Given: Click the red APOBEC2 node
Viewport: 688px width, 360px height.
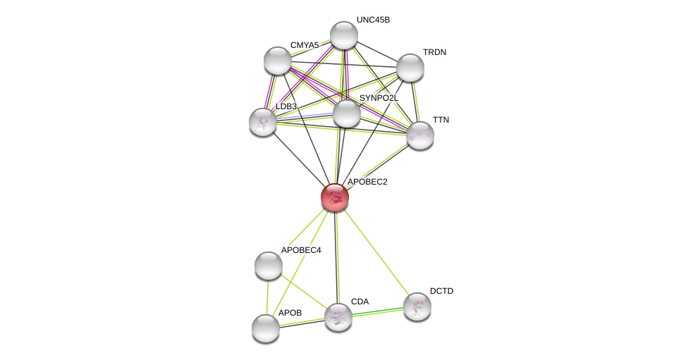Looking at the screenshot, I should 335,197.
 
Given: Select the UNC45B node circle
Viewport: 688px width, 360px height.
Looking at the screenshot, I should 344,35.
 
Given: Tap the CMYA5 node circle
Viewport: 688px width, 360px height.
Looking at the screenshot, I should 278,61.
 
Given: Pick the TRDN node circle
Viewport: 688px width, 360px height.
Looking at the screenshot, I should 410,68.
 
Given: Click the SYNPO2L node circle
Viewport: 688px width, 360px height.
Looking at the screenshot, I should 346,113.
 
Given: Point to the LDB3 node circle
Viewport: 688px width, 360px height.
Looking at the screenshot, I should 263,122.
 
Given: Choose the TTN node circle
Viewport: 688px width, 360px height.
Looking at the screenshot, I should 420,135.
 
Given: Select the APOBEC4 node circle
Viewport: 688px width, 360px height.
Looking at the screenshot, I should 269,266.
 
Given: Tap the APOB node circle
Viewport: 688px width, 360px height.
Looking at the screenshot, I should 266,328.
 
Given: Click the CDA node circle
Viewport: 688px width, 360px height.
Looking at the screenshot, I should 338,317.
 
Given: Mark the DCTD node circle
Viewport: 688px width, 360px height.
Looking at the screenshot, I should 417,306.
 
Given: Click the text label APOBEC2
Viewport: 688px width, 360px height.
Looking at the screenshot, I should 367,182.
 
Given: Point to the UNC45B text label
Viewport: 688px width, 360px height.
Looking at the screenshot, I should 373,20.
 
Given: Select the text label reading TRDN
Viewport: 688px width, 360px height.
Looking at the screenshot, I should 434,52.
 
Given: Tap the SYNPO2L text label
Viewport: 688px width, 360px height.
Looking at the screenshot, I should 378,98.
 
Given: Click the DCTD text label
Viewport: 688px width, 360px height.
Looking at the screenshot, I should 442,291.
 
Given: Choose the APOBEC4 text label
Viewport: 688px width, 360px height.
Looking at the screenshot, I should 301,250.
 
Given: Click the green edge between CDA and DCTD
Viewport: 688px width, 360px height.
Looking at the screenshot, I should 378,311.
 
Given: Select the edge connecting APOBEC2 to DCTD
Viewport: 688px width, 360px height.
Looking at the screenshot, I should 376,252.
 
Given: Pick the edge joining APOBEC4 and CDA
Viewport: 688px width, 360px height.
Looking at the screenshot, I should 303,291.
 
